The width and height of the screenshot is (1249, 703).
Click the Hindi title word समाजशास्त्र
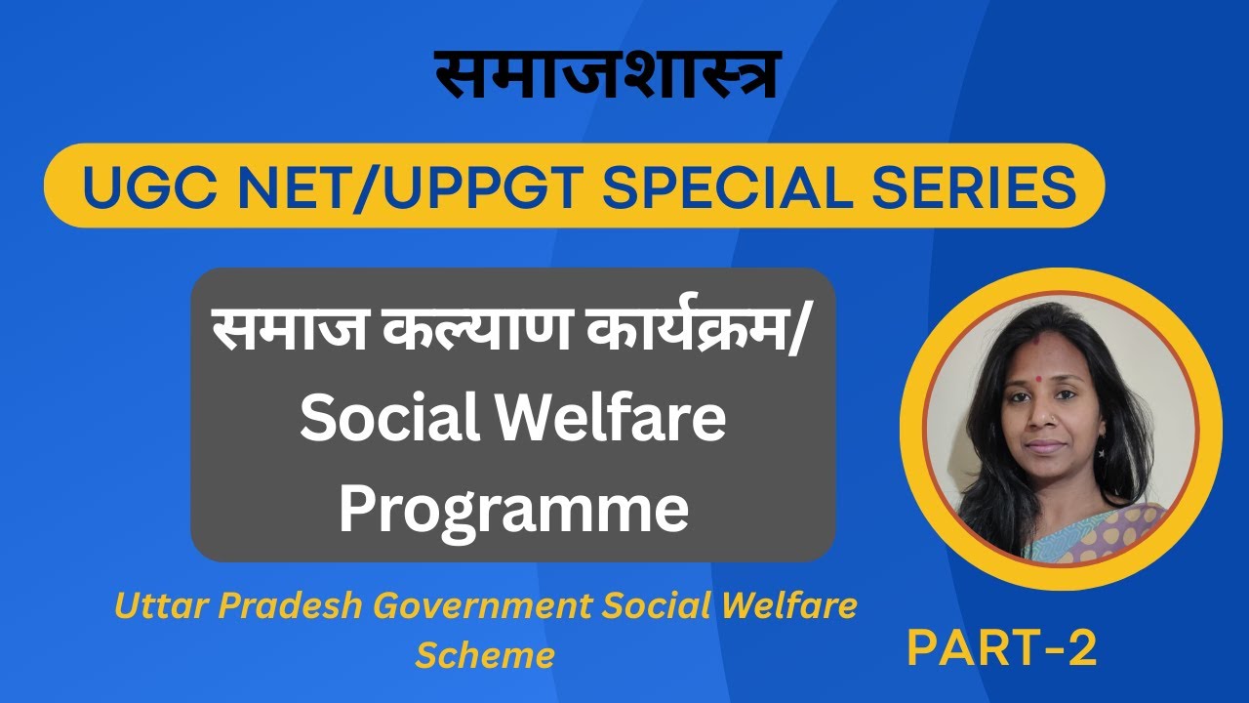click(606, 75)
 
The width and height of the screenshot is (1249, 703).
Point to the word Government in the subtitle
click(485, 606)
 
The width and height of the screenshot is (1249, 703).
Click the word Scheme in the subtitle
click(485, 654)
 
